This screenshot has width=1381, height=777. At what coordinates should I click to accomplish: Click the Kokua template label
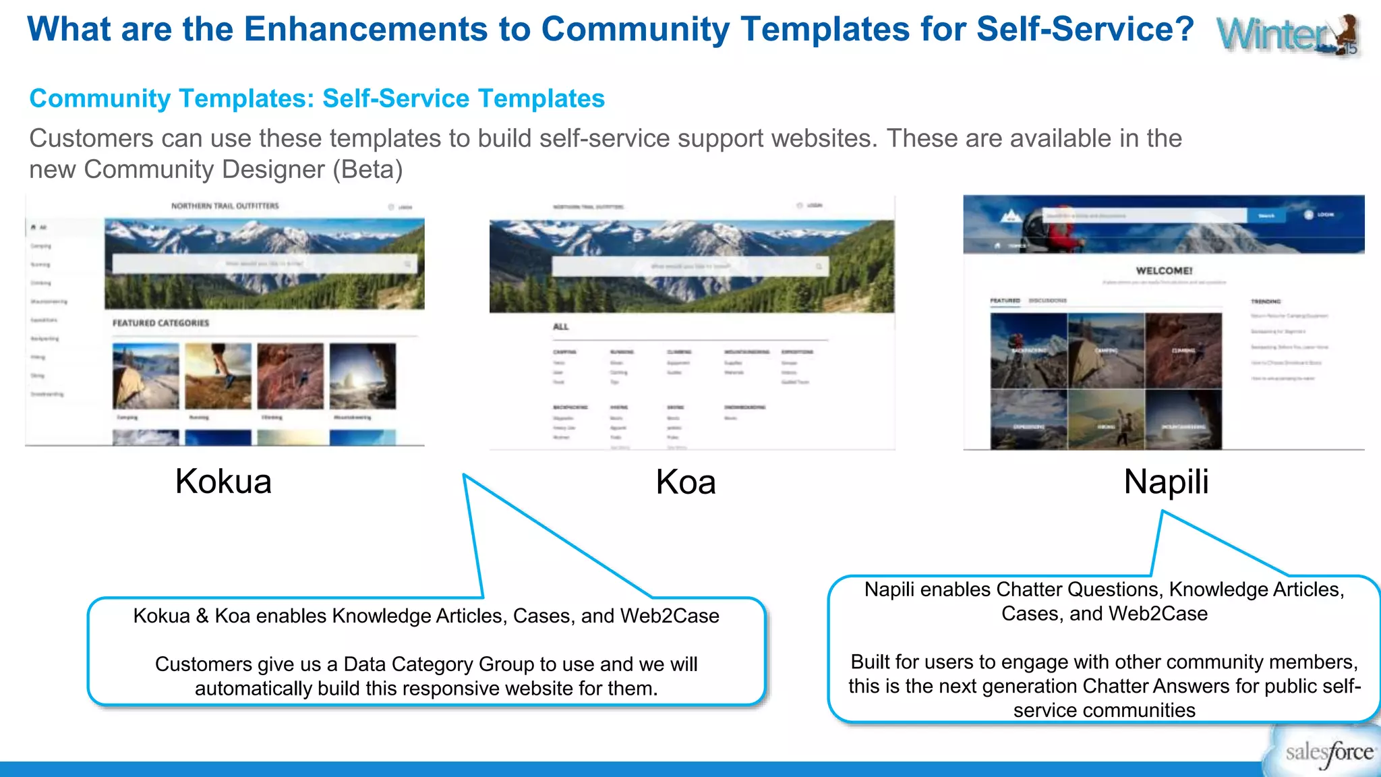223,482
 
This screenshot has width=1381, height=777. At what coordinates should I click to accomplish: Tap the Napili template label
1166,482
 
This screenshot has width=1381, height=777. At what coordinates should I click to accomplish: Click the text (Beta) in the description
368,169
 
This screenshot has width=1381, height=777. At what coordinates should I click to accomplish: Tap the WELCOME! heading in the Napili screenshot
1164,270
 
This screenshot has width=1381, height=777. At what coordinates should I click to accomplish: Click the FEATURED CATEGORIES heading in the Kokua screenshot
160,323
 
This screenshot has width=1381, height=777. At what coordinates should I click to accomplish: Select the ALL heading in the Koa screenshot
560,326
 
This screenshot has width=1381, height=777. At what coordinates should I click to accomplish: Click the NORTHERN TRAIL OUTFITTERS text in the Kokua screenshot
225,206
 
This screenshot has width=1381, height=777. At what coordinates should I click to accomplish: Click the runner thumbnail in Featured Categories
218,376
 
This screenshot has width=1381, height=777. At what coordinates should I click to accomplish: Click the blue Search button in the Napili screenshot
1266,216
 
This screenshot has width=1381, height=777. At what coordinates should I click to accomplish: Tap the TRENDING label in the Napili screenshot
1266,301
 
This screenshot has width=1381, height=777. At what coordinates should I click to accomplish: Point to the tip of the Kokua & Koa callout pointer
464,475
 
